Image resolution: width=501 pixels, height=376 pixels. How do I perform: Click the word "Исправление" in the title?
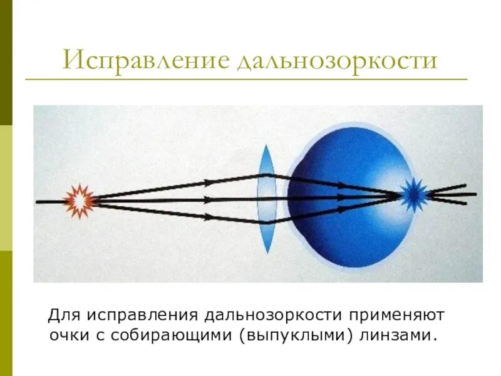146,61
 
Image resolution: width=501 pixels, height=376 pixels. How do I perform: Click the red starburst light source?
80,201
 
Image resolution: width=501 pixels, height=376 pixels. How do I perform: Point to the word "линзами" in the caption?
396,335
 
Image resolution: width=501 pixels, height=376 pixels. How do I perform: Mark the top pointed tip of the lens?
266,146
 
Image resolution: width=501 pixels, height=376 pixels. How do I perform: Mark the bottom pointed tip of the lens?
267,252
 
